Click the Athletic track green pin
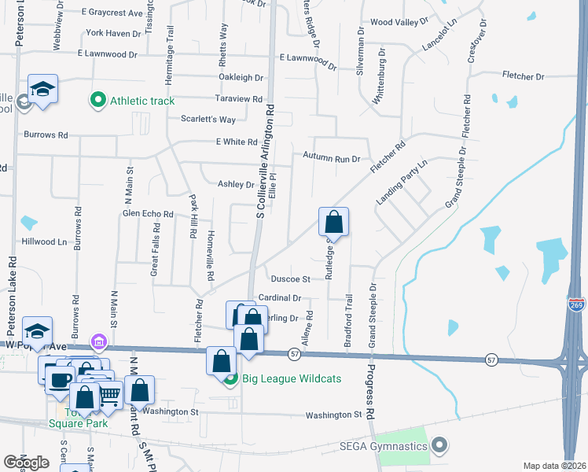pos(98,100)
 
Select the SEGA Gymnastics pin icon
pos(439,446)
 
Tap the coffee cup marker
pos(59,380)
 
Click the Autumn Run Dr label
pos(332,157)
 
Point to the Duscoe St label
pos(291,278)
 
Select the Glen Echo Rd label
pos(147,213)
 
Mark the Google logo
pos(26,462)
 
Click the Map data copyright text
pos(555,466)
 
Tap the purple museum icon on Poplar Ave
pos(98,342)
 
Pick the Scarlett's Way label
pos(208,120)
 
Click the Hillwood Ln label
pos(45,242)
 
